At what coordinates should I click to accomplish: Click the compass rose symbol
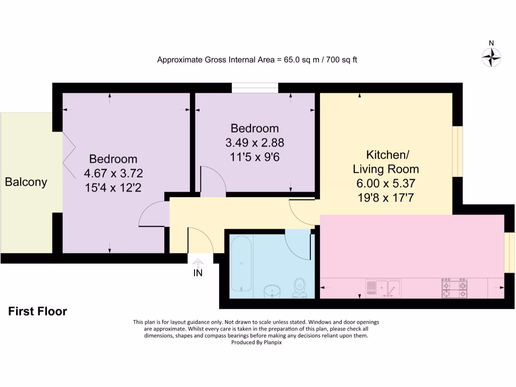pyautogui.click(x=491, y=57)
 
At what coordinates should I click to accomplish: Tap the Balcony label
pyautogui.click(x=26, y=182)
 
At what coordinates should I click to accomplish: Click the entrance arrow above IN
pyautogui.click(x=198, y=263)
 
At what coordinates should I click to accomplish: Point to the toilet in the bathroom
pyautogui.click(x=300, y=288)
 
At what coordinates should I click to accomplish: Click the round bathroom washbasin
pyautogui.click(x=272, y=291)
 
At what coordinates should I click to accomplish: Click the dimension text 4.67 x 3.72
pyautogui.click(x=113, y=173)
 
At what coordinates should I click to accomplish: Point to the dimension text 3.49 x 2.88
pyautogui.click(x=254, y=143)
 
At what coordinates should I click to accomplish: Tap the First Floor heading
pyautogui.click(x=37, y=311)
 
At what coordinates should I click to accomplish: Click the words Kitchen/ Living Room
pyautogui.click(x=385, y=161)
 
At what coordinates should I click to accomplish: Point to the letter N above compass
pyautogui.click(x=491, y=43)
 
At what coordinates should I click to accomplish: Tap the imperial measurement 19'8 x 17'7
pyautogui.click(x=385, y=198)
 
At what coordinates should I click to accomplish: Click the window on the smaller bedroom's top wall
pyautogui.click(x=254, y=88)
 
